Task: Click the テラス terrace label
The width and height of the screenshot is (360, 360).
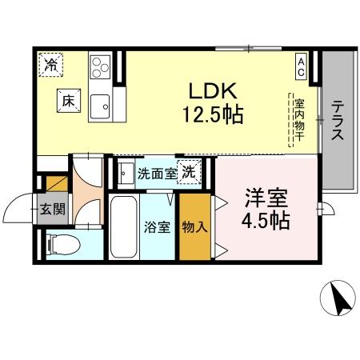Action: (x=338, y=120)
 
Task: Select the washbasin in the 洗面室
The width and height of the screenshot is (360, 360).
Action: (x=126, y=171)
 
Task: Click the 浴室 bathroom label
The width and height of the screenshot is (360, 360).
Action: (x=157, y=226)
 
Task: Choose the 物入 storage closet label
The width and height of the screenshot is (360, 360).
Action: (x=194, y=226)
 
